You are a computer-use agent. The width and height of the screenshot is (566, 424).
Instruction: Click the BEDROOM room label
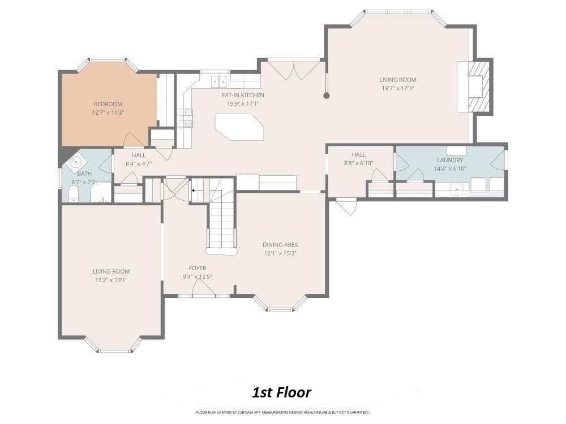(108, 104)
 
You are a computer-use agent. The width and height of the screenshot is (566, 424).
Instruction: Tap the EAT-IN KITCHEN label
(243, 95)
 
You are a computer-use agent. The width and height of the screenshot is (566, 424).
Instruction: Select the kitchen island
(239, 127)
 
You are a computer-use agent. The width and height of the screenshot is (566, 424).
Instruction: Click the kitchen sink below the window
(219, 81)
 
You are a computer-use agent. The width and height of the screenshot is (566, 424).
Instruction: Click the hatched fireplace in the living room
(479, 86)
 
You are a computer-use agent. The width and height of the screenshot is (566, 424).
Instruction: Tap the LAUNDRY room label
(450, 160)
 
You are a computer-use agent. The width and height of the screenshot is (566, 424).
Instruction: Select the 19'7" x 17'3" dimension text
(397, 88)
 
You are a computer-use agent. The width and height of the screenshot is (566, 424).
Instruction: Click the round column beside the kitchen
(327, 96)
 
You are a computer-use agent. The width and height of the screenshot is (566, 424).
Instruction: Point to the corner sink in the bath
(75, 162)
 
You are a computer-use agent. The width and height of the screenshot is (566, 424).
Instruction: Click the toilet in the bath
(74, 194)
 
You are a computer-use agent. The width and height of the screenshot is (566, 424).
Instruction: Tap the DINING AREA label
(280, 245)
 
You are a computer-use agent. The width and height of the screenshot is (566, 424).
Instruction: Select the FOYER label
(198, 268)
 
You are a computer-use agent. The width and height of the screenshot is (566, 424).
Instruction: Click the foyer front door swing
(203, 288)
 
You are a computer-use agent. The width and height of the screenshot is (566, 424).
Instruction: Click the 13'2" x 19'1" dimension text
(111, 280)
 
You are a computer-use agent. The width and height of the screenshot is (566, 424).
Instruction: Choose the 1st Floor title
(281, 392)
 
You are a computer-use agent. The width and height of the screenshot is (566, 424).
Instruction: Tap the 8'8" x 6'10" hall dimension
(358, 163)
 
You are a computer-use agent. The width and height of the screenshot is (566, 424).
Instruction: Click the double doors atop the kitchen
(294, 70)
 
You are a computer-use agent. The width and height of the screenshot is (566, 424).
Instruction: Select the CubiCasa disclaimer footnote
(282, 412)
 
